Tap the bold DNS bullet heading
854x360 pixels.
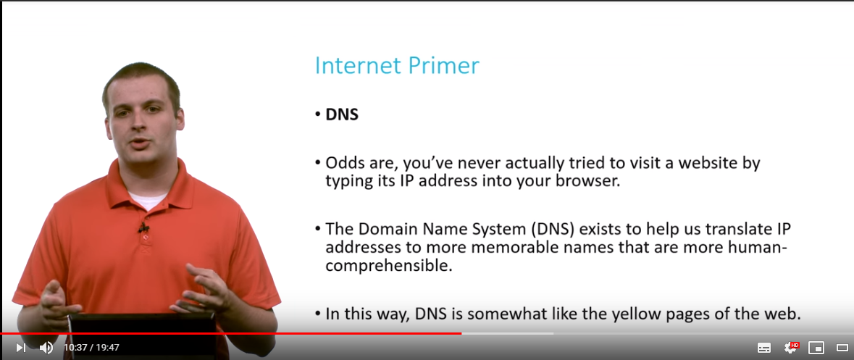click(x=342, y=115)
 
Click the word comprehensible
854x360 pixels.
click(x=389, y=267)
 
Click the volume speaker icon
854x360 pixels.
click(x=46, y=348)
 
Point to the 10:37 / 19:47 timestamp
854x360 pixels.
click(x=91, y=348)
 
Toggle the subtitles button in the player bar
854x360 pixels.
click(x=764, y=348)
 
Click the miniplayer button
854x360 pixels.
click(x=816, y=348)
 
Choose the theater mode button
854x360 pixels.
click(x=842, y=348)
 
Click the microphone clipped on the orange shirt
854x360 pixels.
click(x=143, y=227)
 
